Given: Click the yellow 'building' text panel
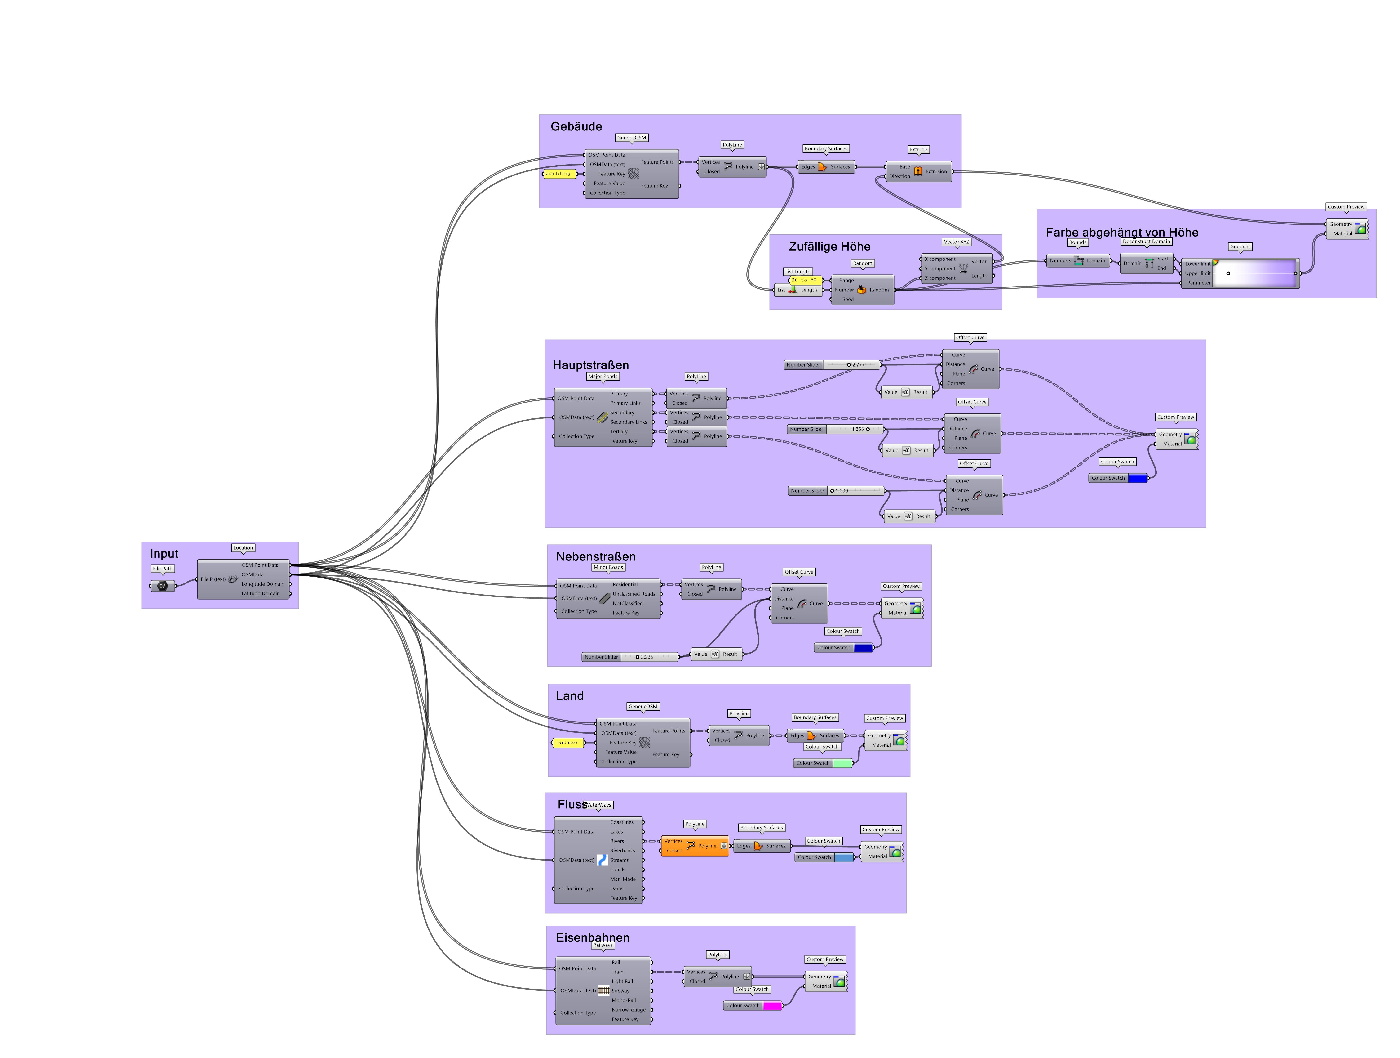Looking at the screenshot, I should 558,174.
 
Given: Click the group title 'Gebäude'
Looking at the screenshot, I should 576,127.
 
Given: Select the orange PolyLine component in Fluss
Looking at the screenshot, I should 694,846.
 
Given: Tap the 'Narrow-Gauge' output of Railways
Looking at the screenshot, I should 629,1010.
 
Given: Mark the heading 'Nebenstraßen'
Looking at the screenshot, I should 596,556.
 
